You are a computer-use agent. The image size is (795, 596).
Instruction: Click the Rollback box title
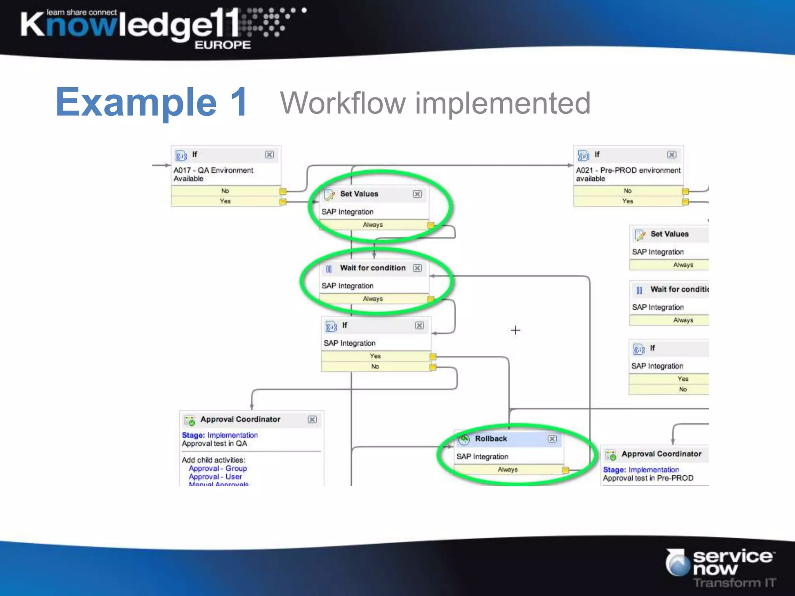tap(491, 439)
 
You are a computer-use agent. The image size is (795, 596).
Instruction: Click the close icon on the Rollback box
tap(552, 439)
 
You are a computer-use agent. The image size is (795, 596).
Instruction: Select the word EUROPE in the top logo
tap(222, 45)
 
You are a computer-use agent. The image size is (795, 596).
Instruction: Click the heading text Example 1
tap(152, 102)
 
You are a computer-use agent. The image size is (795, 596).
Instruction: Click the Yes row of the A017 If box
tap(225, 201)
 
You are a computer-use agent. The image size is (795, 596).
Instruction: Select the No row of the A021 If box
tap(627, 191)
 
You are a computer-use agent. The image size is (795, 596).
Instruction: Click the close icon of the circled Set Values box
tap(417, 194)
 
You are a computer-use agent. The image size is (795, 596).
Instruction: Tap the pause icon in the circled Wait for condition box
tap(329, 269)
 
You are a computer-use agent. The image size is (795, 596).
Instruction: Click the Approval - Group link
tap(217, 468)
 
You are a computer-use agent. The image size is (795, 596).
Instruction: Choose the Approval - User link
tap(215, 477)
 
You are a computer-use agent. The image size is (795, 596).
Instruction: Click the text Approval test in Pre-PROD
tap(648, 478)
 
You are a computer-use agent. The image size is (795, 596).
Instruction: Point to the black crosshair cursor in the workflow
tap(516, 330)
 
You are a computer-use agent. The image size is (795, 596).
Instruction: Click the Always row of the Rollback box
tap(507, 470)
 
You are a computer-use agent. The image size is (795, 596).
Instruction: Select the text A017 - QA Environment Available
tap(213, 174)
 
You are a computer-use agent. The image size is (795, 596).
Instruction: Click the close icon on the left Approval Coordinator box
tap(312, 419)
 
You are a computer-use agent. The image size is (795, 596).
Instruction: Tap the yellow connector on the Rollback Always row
tap(566, 470)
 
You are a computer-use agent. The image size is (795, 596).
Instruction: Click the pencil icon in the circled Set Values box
tap(330, 195)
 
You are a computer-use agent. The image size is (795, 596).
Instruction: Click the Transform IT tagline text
tap(734, 582)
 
